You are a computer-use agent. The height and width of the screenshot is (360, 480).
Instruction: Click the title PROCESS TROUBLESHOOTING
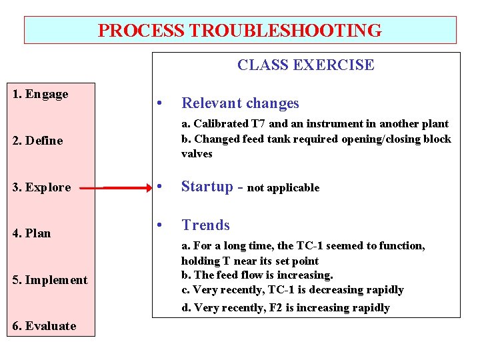pyautogui.click(x=240, y=31)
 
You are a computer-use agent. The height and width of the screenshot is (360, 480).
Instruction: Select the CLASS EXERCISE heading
pyautogui.click(x=305, y=65)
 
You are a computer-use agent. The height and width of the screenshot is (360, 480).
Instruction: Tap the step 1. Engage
pyautogui.click(x=41, y=94)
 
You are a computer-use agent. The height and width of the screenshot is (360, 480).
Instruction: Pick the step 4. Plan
pyautogui.click(x=32, y=233)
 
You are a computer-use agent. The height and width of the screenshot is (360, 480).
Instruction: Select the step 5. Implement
pyautogui.click(x=50, y=280)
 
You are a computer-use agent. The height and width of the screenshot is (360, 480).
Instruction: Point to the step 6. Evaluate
pyautogui.click(x=44, y=326)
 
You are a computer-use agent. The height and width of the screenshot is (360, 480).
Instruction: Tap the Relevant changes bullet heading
pyautogui.click(x=240, y=103)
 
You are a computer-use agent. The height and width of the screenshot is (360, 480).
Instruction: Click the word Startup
pyautogui.click(x=207, y=187)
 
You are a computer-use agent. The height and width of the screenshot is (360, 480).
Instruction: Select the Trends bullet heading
pyautogui.click(x=205, y=225)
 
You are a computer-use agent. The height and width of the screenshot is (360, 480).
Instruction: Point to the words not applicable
pyautogui.click(x=283, y=188)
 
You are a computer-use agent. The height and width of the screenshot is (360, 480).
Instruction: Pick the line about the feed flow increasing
pyautogui.click(x=257, y=275)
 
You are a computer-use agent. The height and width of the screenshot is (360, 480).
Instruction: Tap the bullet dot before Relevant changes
pyautogui.click(x=159, y=104)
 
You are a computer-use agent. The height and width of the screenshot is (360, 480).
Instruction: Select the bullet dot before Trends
pyautogui.click(x=159, y=226)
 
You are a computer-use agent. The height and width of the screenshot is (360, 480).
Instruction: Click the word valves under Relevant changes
pyautogui.click(x=197, y=154)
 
